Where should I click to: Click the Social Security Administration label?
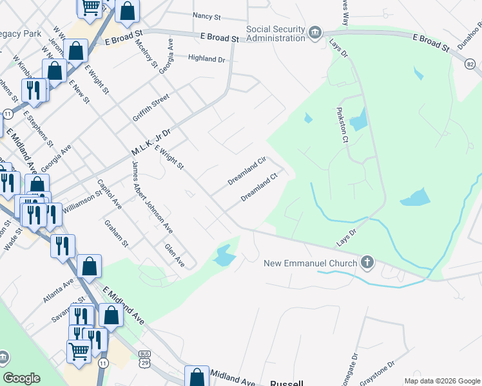[275, 33]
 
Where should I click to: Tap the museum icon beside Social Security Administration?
[315, 33]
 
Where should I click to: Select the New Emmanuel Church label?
[311, 263]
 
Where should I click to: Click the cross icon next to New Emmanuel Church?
[367, 262]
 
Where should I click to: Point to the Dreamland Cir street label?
[247, 172]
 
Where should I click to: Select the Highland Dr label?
[206, 59]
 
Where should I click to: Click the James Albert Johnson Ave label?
[152, 197]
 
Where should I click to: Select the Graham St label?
[117, 234]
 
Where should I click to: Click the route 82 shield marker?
[470, 64]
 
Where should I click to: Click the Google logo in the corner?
[21, 378]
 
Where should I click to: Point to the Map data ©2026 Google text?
[441, 381]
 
